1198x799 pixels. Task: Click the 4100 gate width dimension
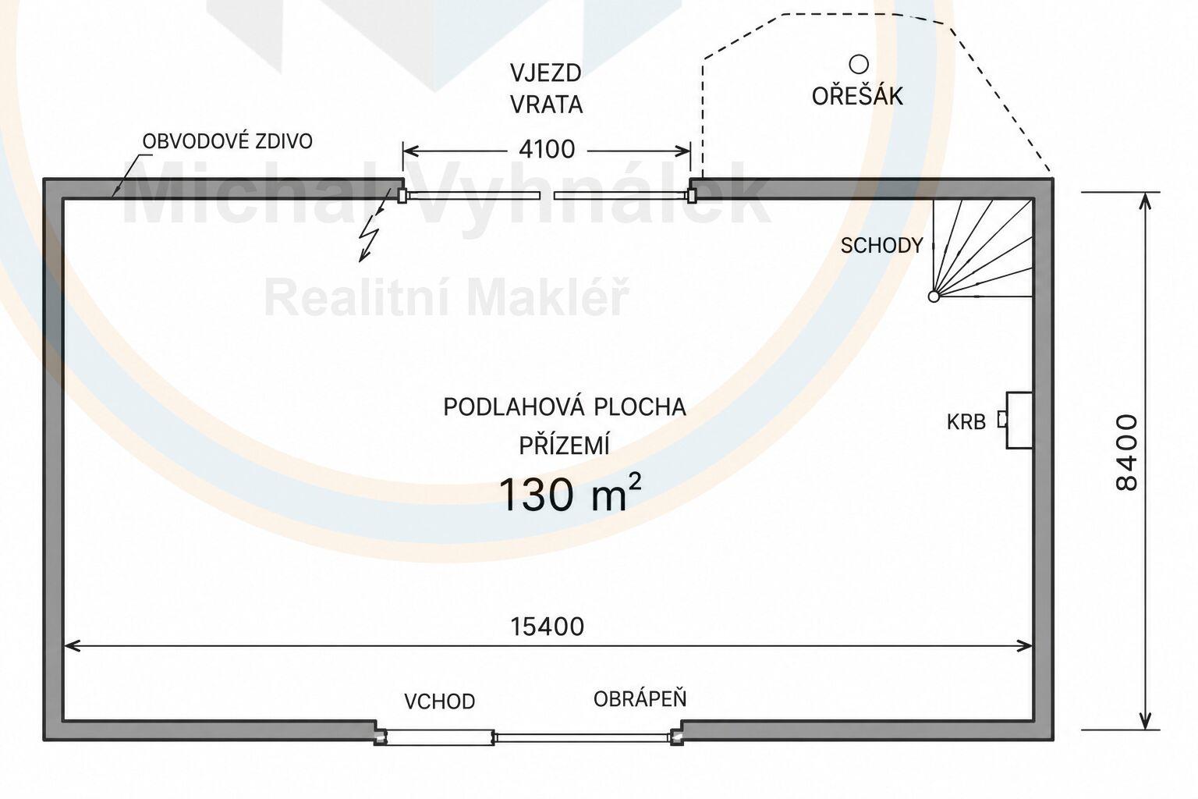point(547,149)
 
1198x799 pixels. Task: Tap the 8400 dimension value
point(1127,453)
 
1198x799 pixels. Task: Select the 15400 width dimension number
point(547,626)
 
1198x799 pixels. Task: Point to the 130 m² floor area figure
point(569,492)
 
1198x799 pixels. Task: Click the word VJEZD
point(546,73)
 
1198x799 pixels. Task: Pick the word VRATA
point(546,105)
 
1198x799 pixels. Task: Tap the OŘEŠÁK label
point(857,95)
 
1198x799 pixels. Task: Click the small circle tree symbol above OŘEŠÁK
point(859,64)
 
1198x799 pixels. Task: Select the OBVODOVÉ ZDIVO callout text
point(227,141)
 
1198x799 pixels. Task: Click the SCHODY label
point(882,246)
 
